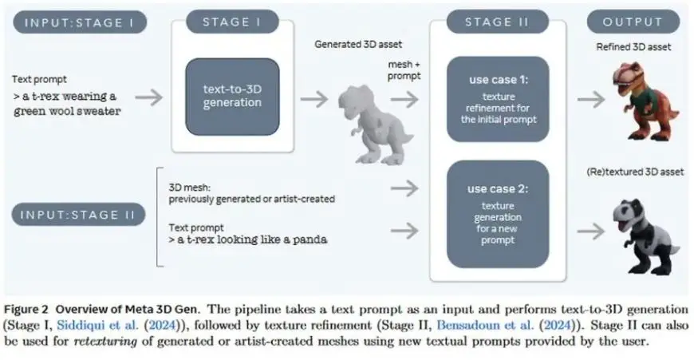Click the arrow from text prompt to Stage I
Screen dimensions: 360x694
click(x=148, y=97)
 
